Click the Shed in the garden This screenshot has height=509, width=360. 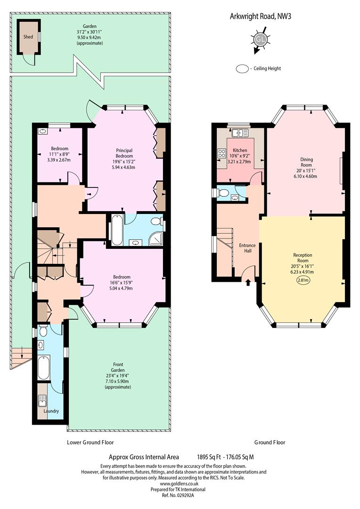point(29,37)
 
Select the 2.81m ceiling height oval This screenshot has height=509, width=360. point(303,280)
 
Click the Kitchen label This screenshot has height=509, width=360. point(240,150)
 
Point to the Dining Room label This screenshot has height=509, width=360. point(306,162)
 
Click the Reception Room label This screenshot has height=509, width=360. point(303,258)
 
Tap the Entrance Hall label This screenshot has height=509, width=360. point(247,248)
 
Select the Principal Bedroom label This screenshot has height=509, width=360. point(124,153)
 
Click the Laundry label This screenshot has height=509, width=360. point(51,411)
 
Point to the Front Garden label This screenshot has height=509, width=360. point(118,367)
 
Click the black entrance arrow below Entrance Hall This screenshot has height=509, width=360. point(248,282)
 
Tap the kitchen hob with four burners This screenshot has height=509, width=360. point(222,153)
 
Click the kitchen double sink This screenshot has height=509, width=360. point(240,132)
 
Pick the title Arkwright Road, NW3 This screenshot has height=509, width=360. point(261,16)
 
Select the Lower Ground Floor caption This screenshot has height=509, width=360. point(90,442)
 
